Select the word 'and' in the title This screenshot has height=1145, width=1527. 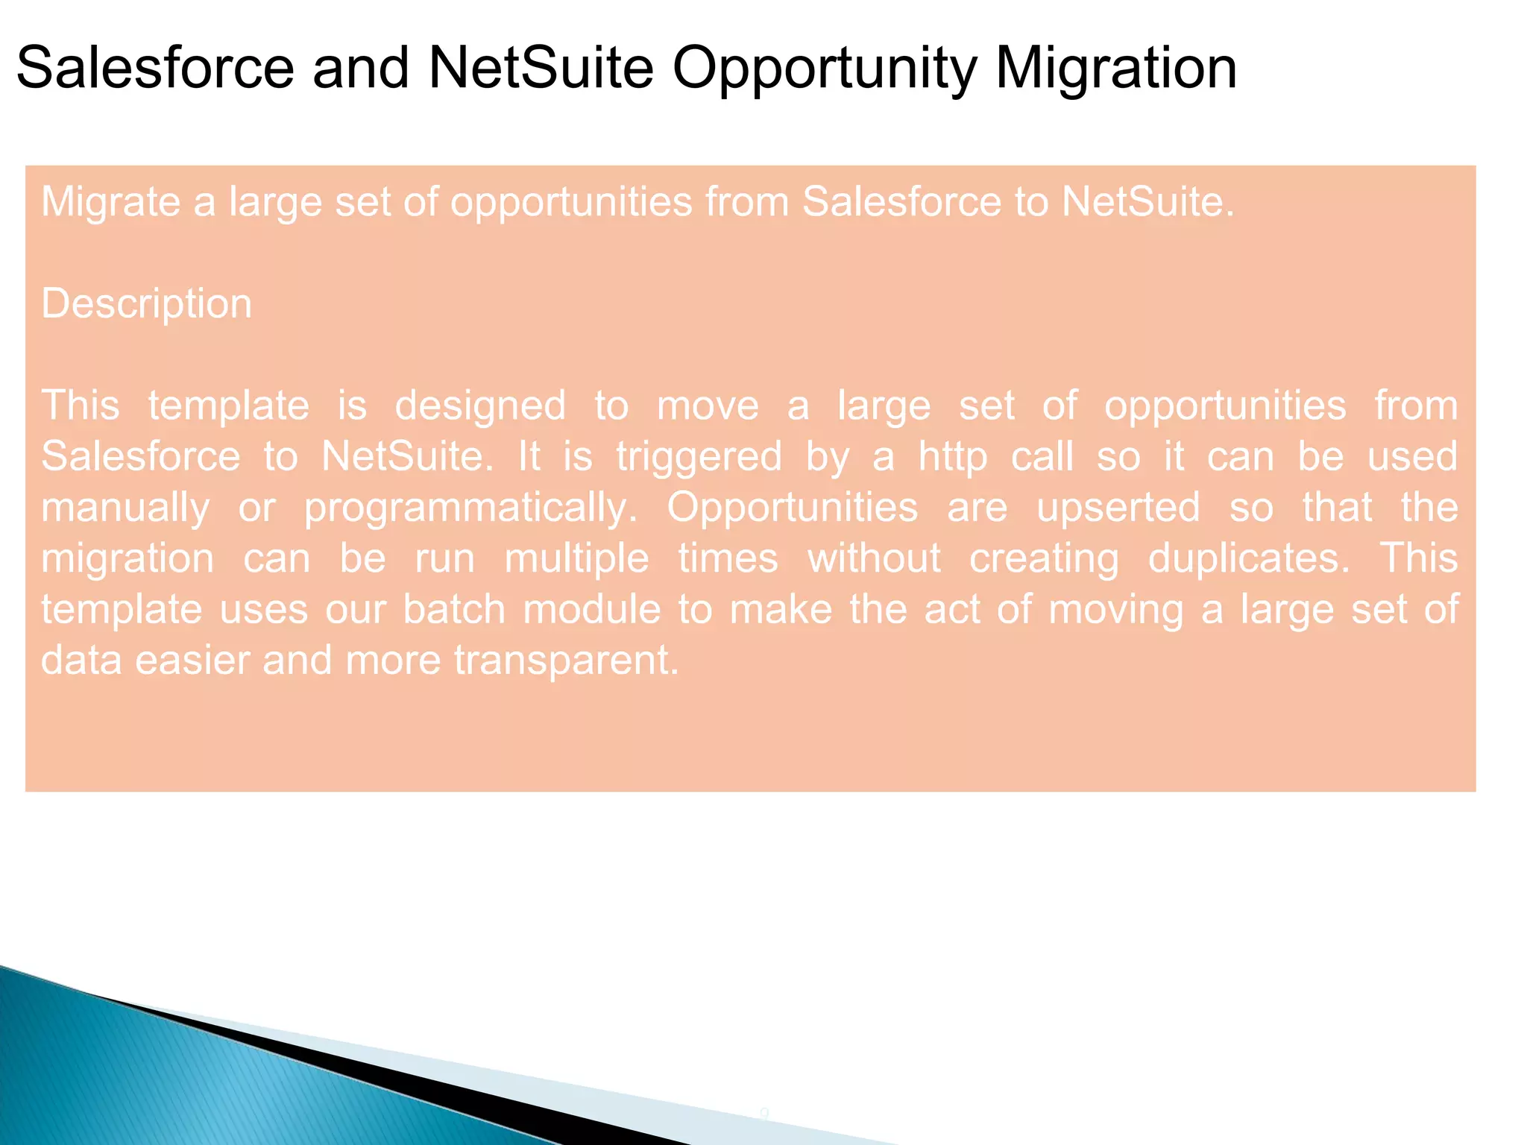(360, 69)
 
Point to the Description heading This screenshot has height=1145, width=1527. (146, 304)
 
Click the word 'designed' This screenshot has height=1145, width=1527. (479, 406)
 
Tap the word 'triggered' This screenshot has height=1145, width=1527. (699, 457)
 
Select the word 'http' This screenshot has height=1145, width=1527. (952, 456)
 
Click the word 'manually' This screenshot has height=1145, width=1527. (125, 508)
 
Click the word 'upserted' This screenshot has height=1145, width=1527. (1118, 508)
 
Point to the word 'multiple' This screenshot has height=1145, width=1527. (576, 559)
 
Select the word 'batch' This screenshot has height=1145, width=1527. (454, 610)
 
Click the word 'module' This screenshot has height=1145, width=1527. (591, 610)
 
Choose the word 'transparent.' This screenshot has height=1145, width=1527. (567, 661)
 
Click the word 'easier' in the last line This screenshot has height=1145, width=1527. (192, 660)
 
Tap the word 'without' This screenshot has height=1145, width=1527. (874, 559)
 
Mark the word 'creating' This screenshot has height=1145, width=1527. (1044, 560)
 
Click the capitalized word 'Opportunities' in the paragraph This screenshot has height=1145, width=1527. (792, 508)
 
